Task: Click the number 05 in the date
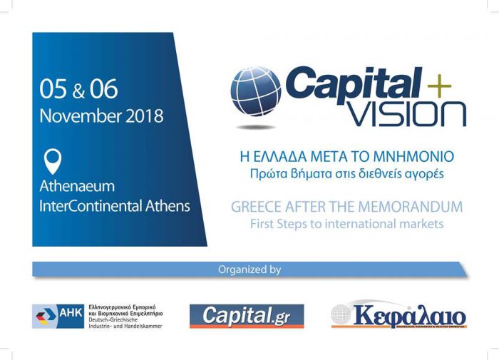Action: pos(53,90)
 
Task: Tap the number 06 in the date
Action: pos(104,90)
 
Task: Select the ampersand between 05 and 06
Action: pos(78,92)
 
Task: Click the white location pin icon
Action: pos(53,161)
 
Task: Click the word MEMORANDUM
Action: pos(411,207)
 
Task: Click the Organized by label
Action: pos(249,269)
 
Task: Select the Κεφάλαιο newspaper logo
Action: pos(399,315)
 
